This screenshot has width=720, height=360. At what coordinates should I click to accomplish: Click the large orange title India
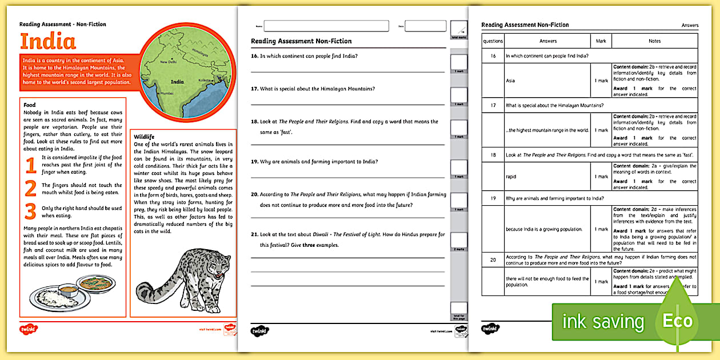[48, 42]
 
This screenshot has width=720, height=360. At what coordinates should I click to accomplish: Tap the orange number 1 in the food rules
[31, 166]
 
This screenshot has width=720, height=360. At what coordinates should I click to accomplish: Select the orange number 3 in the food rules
[31, 212]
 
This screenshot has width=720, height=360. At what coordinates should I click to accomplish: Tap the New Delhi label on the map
[169, 62]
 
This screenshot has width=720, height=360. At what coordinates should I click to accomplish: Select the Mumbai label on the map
[166, 93]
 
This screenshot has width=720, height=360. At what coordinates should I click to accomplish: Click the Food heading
[29, 105]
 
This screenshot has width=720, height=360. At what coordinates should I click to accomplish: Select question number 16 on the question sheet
[254, 56]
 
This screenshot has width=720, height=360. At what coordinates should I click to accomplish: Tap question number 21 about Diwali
[254, 235]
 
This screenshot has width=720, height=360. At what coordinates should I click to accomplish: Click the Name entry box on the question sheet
[326, 26]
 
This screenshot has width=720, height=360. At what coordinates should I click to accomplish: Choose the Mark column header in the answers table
[601, 41]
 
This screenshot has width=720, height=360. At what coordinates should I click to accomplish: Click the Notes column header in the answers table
[654, 41]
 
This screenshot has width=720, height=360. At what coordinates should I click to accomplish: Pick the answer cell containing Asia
[547, 81]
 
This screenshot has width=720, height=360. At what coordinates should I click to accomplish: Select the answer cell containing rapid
[547, 177]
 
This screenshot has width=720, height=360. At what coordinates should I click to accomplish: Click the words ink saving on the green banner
[603, 322]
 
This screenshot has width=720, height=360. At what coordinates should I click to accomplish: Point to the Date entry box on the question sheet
[426, 26]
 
